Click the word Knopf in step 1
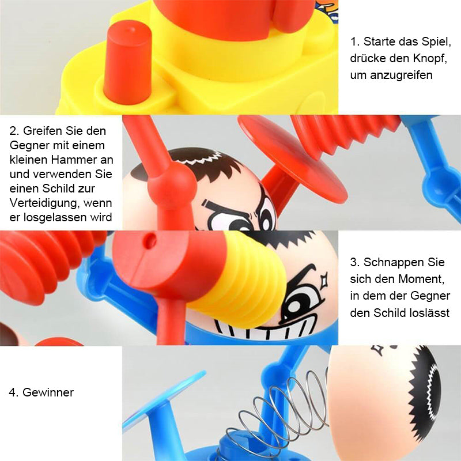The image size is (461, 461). [429, 58]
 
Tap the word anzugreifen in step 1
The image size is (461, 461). [401, 75]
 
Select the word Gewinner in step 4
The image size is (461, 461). [48, 392]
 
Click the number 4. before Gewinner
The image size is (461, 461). [13, 392]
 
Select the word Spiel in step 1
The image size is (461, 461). [436, 41]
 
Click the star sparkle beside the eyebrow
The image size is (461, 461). [324, 281]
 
